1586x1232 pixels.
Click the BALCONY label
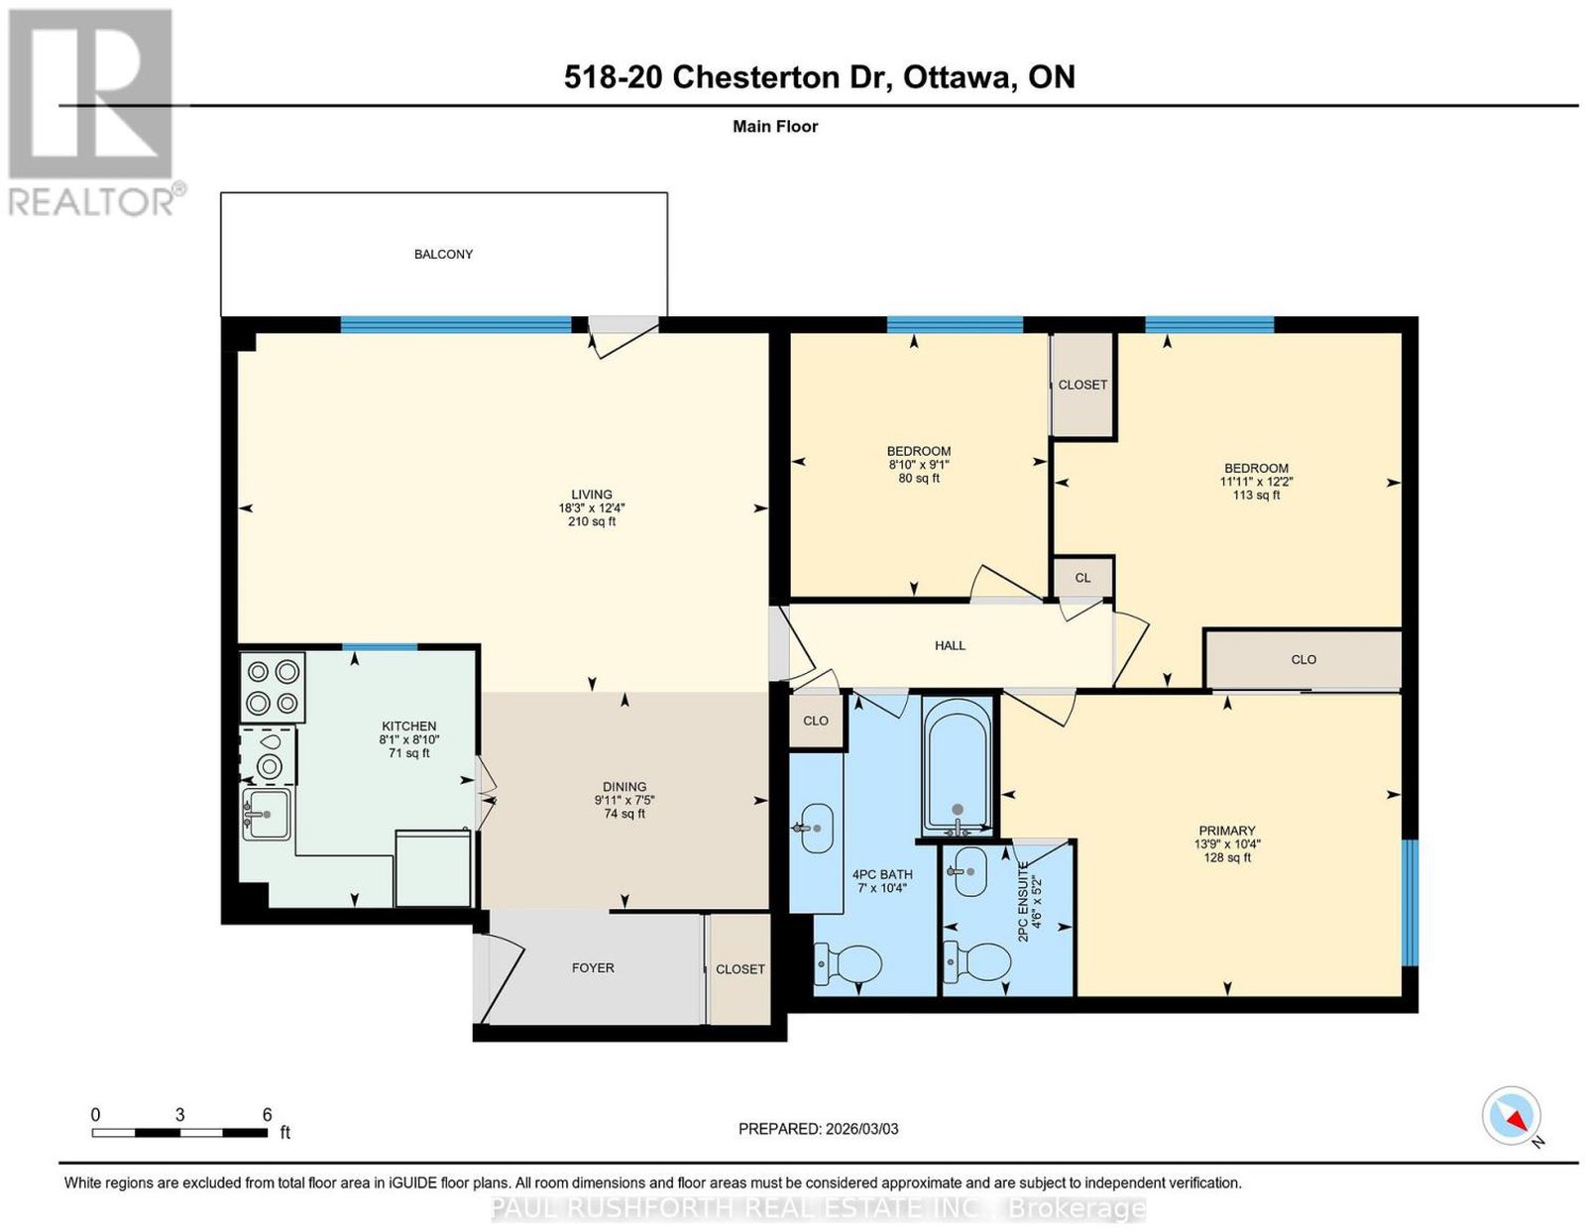tap(443, 254)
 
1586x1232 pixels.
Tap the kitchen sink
tap(267, 814)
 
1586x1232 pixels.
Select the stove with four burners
tap(273, 687)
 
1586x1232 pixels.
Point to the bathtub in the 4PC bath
tap(957, 766)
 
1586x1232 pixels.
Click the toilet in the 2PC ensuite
tap(976, 960)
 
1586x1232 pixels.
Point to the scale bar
tap(179, 1133)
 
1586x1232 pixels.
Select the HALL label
tap(950, 645)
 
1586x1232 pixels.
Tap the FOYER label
tap(593, 968)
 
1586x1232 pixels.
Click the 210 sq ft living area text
tap(592, 521)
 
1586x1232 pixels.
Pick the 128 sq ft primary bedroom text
tap(1227, 857)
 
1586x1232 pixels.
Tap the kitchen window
tap(380, 647)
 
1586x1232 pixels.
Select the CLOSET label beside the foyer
tap(740, 968)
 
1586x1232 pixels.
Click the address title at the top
tap(819, 77)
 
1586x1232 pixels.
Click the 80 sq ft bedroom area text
tap(918, 478)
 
